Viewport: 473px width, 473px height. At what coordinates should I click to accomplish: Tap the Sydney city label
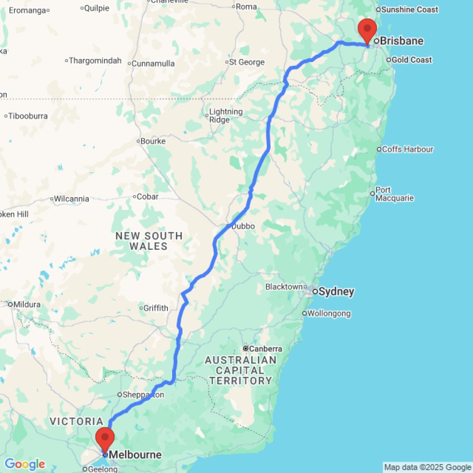pos(336,292)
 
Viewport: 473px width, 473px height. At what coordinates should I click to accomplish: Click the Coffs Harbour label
pos(407,149)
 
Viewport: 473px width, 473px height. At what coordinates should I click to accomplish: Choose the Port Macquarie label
pos(394,194)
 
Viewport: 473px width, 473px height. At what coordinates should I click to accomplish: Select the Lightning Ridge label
pos(226,115)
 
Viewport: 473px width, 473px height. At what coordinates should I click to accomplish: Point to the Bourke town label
pos(153,141)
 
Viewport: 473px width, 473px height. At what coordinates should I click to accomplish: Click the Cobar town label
pos(147,197)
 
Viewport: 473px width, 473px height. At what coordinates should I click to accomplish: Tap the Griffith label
pos(156,308)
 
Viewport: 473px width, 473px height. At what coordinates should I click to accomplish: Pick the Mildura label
pos(27,304)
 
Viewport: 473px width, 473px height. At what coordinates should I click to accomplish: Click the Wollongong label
pos(329,313)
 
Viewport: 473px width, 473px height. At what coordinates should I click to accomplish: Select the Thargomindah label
pos(95,61)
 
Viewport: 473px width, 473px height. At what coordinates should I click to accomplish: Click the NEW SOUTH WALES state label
pos(149,241)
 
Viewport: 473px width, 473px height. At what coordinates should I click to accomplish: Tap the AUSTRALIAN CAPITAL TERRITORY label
pos(241,370)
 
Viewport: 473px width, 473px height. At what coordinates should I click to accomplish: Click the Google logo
pos(25,464)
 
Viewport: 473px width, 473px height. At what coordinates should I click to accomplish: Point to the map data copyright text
pos(428,467)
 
